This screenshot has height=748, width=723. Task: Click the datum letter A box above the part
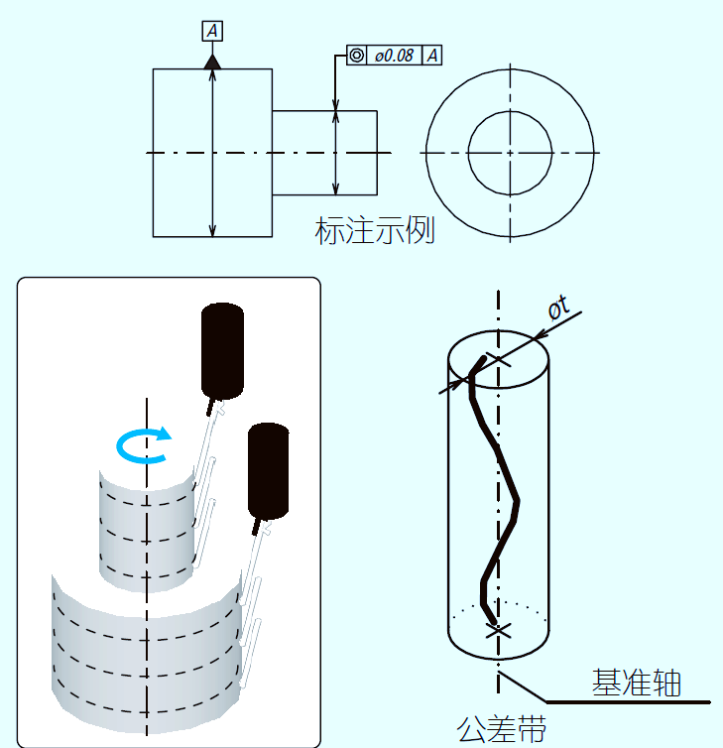[212, 32]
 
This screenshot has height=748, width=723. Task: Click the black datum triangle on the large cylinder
[212, 62]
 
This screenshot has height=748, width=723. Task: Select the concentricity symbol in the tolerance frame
[357, 56]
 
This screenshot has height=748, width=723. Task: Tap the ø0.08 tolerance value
[394, 56]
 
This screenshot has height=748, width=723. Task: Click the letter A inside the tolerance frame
[432, 56]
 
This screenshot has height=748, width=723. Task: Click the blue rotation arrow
[144, 445]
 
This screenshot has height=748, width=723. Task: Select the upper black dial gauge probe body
[222, 347]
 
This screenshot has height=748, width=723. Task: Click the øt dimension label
[559, 309]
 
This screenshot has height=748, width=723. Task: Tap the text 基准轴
[636, 683]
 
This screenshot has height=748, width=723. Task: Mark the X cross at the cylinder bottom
[498, 629]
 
